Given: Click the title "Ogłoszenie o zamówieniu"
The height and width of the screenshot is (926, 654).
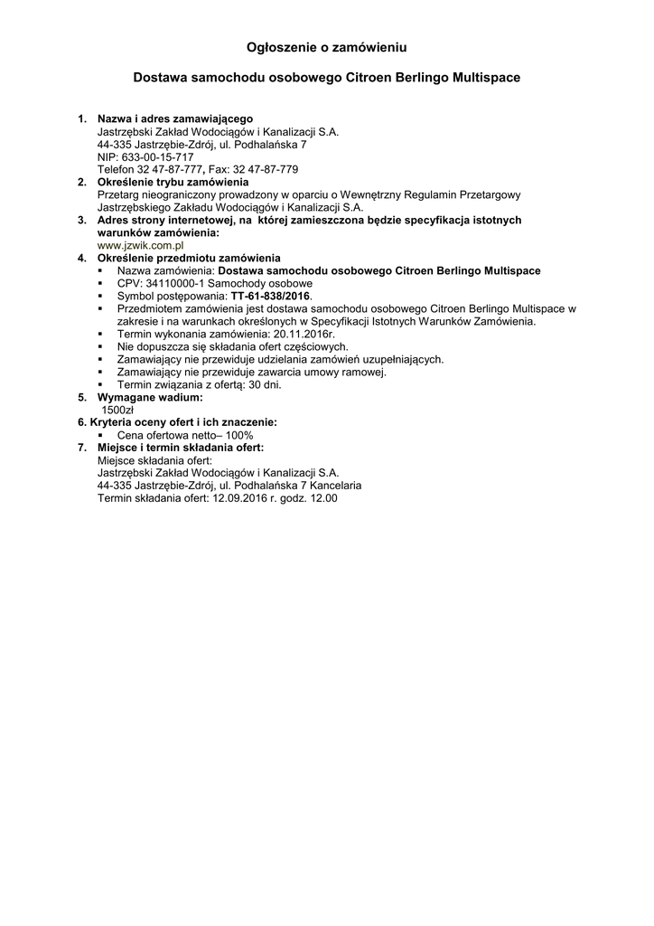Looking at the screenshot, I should pyautogui.click(x=326, y=45).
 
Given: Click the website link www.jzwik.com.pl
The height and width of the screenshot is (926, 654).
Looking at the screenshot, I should pyautogui.click(x=141, y=245).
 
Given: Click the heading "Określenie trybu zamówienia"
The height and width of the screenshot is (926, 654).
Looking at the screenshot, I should pyautogui.click(x=173, y=182).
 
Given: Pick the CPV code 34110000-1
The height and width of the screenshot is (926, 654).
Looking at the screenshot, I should pyautogui.click(x=176, y=283).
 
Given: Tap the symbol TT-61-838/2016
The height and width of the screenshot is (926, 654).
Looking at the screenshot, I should pyautogui.click(x=270, y=296).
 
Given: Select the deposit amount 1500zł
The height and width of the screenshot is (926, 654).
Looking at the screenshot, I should pyautogui.click(x=117, y=410).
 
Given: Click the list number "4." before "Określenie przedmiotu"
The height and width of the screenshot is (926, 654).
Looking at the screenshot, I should pyautogui.click(x=82, y=258).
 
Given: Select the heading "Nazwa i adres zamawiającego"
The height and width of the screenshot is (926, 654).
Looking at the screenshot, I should pyautogui.click(x=175, y=118).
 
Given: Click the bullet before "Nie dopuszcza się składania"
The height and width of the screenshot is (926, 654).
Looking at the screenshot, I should pyautogui.click(x=101, y=346).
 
